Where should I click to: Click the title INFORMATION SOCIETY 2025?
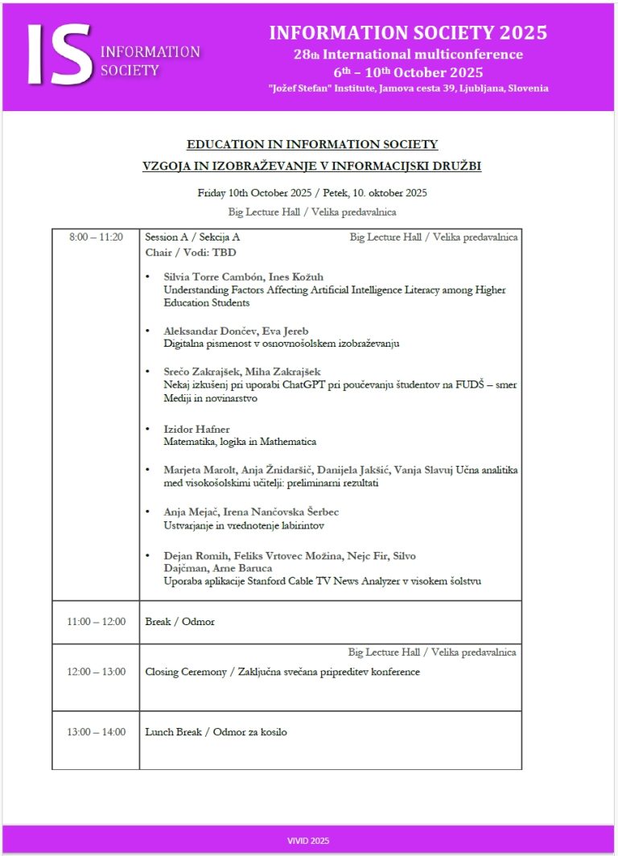coord(408,33)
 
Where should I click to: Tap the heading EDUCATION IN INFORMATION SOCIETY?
coord(312,144)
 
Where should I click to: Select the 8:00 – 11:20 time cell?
coord(96,237)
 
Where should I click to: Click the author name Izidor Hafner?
coord(196,429)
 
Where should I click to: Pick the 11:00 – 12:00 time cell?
coord(96,622)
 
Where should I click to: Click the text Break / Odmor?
coord(179,622)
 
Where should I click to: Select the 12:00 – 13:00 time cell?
coord(96,672)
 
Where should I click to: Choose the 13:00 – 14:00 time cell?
coord(96,732)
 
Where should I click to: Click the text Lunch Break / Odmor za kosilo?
coord(216,732)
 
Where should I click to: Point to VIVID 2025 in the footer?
coord(308,841)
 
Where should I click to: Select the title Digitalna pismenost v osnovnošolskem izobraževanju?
coord(282,344)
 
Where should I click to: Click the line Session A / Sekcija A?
coord(192,237)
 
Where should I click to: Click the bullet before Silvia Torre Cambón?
coord(148,278)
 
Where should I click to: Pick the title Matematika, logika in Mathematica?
coord(240,442)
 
